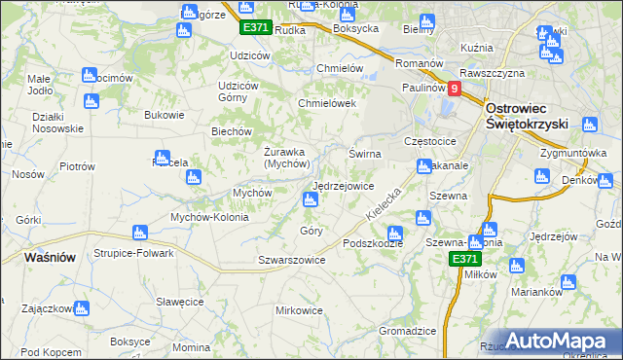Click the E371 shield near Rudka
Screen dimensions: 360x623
255,27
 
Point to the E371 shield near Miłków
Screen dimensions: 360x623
464,259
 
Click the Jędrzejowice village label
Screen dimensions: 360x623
343,186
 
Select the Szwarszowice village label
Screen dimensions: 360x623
290,260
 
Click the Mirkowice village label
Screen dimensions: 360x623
299,310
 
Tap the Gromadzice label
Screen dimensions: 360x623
407,331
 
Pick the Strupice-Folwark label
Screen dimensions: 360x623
133,253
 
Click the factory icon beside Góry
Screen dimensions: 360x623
310,200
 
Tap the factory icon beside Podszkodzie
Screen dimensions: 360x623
394,233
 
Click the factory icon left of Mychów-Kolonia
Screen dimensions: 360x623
138,232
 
